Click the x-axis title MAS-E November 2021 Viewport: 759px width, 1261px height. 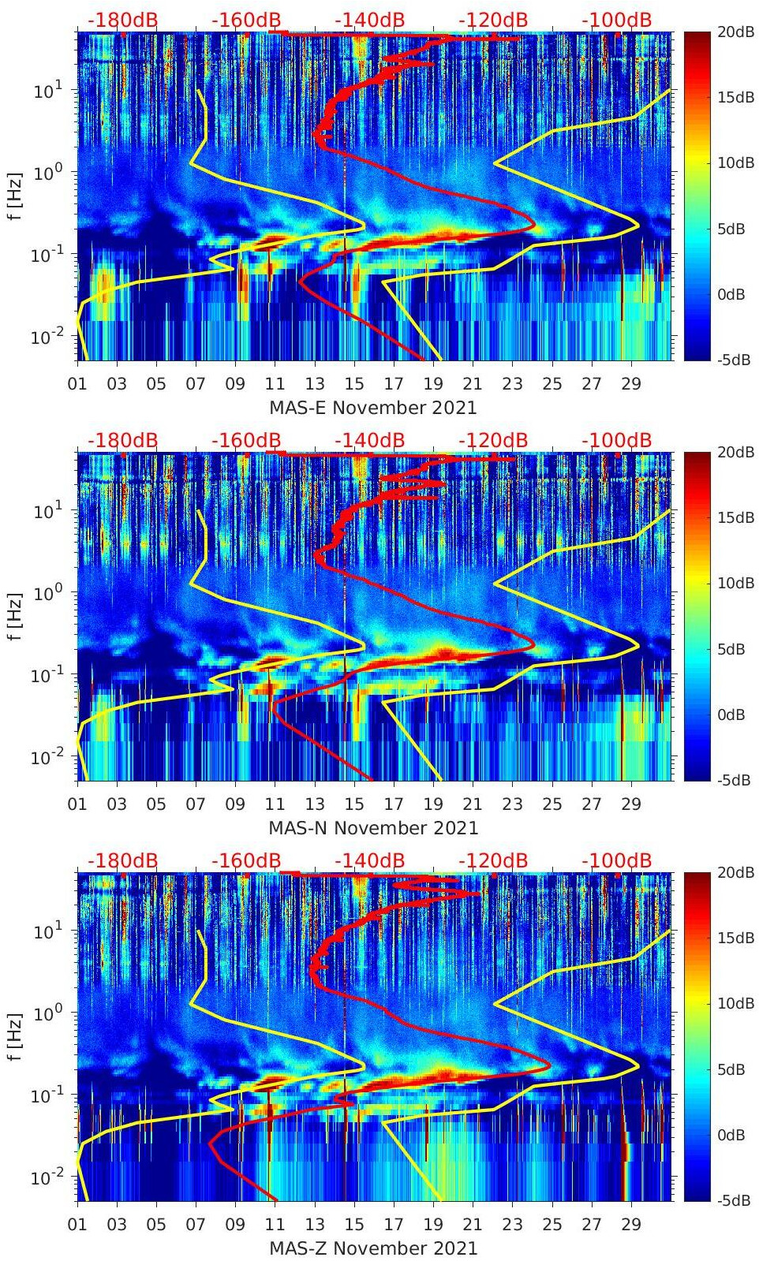373,408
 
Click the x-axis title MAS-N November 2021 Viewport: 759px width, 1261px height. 373,828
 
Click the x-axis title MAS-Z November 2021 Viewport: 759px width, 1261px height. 373,1248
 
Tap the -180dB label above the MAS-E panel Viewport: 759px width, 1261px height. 122,20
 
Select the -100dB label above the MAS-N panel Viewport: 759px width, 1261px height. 617,440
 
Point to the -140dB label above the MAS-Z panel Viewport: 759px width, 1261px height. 370,860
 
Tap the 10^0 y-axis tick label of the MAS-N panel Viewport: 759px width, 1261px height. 48,591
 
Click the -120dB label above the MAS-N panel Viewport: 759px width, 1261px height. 493,440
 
